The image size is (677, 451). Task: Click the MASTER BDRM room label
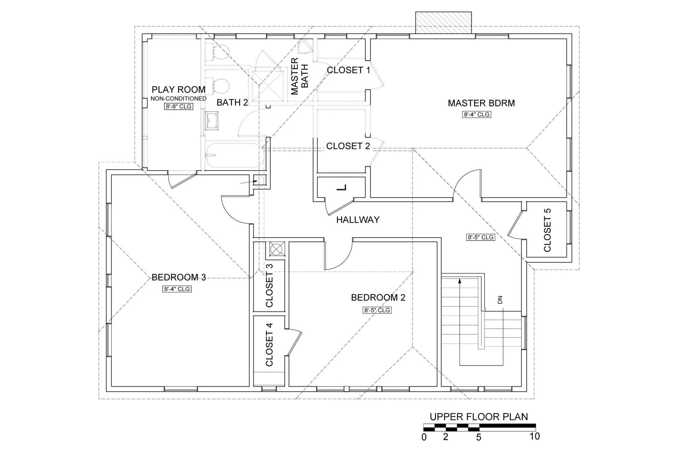[481, 103]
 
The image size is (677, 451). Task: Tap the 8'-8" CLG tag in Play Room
[178, 106]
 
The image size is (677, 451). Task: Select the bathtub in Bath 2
[235, 155]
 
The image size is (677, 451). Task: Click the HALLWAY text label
[358, 220]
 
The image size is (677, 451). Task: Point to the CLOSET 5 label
[547, 230]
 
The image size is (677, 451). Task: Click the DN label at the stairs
[500, 300]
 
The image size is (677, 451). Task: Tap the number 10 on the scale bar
[535, 437]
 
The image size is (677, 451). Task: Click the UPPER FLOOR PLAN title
[479, 417]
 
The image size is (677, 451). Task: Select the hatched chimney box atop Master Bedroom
[443, 23]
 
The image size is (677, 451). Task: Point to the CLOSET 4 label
[269, 344]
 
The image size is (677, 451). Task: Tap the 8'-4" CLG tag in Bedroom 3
[177, 289]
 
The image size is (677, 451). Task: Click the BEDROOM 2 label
[378, 297]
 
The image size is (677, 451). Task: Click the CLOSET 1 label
[348, 70]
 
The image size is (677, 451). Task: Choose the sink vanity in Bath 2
[212, 120]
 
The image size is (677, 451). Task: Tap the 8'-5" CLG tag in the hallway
[480, 237]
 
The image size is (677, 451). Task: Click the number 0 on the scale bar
[424, 437]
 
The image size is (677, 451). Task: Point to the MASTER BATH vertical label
[299, 76]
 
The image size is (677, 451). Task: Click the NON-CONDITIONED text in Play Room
[178, 98]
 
